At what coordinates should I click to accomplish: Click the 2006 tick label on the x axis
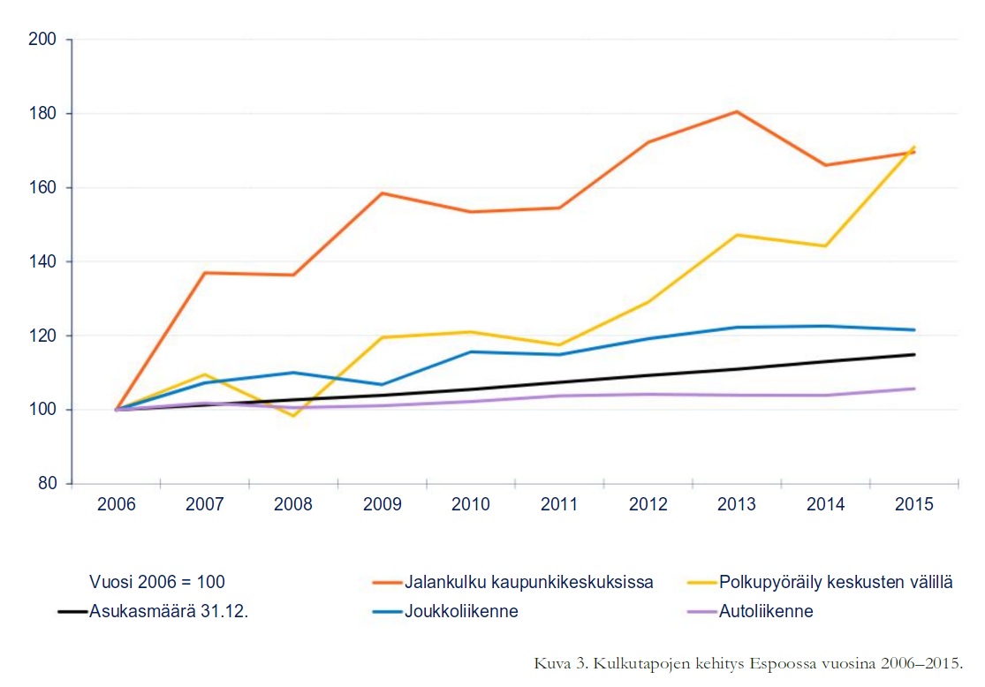pos(117,504)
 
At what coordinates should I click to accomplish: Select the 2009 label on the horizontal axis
pos(382,504)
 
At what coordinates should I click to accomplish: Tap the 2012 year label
pos(648,504)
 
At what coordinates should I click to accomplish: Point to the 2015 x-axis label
pos(913,504)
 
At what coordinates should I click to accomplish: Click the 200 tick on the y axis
pos(43,40)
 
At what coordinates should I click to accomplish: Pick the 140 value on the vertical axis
pos(43,261)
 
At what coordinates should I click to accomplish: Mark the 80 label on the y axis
pos(47,484)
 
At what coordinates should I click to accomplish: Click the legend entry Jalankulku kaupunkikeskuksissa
pos(528,583)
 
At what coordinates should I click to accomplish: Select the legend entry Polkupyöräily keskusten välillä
pos(836,583)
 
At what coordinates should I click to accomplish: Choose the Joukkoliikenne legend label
pos(461,611)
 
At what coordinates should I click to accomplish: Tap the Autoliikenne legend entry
pos(766,611)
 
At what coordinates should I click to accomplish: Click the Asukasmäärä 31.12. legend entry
pos(168,611)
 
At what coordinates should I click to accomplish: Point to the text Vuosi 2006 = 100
pos(157,583)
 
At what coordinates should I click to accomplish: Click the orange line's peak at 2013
pos(737,111)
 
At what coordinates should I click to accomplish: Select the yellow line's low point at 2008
pos(293,416)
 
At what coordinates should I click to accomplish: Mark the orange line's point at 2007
pos(205,273)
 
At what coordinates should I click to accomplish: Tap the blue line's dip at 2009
pos(382,384)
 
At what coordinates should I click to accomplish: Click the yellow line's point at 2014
pos(825,245)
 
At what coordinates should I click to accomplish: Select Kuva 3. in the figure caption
pos(558,663)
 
